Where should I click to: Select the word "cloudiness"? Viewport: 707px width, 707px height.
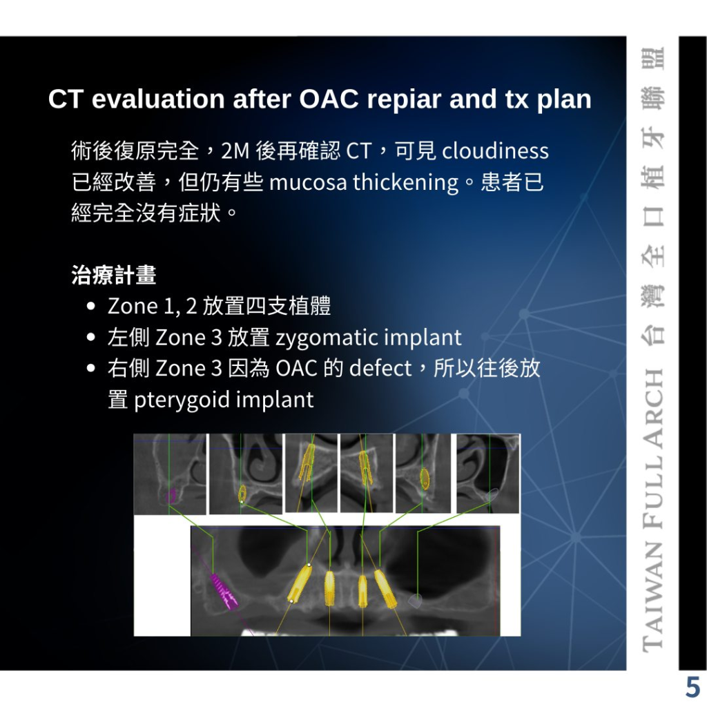(495, 151)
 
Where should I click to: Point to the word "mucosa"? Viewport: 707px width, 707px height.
(308, 182)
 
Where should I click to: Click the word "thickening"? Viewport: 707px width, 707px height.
(406, 182)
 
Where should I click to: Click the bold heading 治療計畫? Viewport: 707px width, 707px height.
(114, 275)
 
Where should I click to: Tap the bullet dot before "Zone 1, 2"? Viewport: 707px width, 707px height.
(90, 306)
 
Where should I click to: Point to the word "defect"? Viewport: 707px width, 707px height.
(380, 369)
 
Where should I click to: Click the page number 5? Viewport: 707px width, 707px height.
(692, 687)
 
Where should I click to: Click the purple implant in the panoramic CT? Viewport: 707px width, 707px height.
(223, 591)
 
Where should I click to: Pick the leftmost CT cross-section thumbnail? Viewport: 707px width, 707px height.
(170, 474)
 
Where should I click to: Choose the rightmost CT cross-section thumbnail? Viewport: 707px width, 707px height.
(488, 474)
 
